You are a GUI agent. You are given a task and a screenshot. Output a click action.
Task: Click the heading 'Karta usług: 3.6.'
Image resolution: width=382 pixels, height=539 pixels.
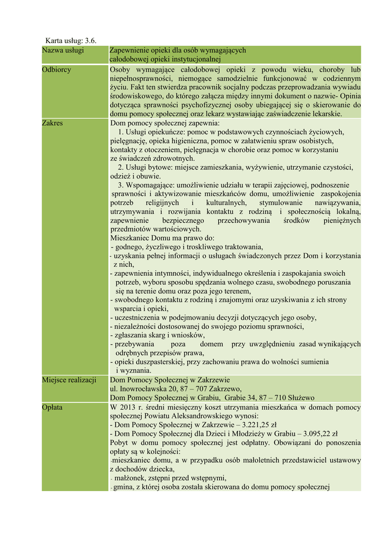click(x=71, y=41)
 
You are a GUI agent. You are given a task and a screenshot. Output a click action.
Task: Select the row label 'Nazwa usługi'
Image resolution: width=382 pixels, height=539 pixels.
click(x=63, y=51)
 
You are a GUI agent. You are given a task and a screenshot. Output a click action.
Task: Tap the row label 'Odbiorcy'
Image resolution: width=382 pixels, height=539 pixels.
click(x=57, y=69)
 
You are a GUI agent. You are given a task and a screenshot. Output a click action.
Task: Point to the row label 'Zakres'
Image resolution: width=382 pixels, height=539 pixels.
click(x=53, y=123)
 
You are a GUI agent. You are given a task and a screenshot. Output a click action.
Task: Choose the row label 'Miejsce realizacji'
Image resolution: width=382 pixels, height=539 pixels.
click(x=69, y=380)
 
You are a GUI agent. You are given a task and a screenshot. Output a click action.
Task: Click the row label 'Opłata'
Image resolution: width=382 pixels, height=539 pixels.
click(x=53, y=407)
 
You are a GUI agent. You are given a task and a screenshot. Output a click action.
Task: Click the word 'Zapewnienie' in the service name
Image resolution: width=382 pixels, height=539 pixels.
click(x=130, y=51)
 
